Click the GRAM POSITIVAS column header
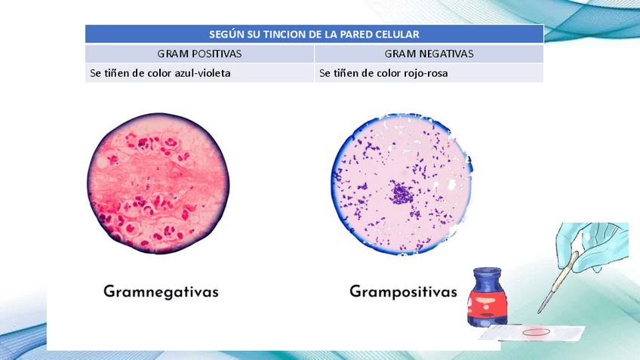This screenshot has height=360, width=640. point(199,54)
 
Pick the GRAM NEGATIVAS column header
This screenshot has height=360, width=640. point(429,54)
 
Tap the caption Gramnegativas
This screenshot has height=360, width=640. point(161,292)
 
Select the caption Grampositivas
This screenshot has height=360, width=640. point(403,292)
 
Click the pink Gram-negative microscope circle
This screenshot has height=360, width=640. point(158,183)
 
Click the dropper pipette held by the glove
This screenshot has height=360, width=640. point(558,282)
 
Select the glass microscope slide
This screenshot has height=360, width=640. point(532,333)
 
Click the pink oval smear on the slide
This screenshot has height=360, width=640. point(537,332)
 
